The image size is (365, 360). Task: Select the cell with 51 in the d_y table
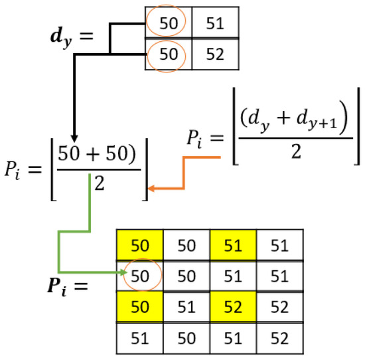(216, 25)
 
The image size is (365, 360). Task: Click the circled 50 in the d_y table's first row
(169, 25)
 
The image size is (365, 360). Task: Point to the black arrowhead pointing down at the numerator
(74, 135)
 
